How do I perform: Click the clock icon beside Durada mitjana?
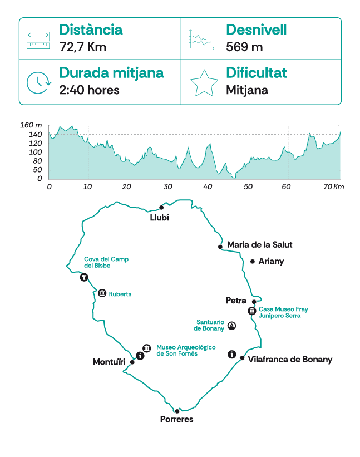coord(38,82)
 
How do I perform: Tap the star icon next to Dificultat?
coord(204,82)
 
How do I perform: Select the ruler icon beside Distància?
coord(38,39)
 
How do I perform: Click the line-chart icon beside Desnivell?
coord(201,39)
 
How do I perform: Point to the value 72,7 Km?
coord(82,47)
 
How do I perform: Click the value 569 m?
coord(244,47)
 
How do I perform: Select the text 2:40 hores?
coord(89,90)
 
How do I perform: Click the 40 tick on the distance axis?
coord(208,186)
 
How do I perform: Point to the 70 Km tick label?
coord(332,186)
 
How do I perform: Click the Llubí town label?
coord(159,218)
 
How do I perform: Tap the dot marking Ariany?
coord(253,261)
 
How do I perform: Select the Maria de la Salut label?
coord(260,244)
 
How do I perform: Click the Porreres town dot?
coord(177,411)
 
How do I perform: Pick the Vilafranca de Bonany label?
coord(290,360)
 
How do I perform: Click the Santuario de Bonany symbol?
coord(232,326)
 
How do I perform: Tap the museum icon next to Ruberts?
coord(102,293)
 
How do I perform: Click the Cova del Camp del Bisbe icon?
coord(84,277)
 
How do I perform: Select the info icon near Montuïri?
coord(140,355)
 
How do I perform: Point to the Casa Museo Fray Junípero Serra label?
coord(283,312)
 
